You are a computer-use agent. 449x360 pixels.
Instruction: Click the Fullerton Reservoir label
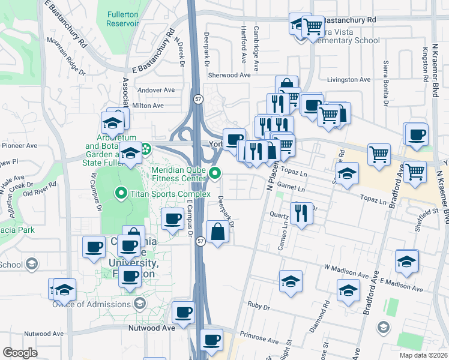tap(122, 18)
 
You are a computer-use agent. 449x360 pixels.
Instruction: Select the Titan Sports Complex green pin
tap(121, 193)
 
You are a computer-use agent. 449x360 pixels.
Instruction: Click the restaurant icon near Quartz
tap(301, 212)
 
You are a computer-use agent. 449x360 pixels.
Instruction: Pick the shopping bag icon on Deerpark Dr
tap(217, 232)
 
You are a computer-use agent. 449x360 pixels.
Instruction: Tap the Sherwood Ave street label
tap(229, 75)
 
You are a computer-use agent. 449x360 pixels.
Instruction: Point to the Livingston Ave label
tap(349, 79)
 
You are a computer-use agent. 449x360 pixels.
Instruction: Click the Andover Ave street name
tap(155, 90)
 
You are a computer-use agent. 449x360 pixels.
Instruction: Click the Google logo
tap(20, 353)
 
